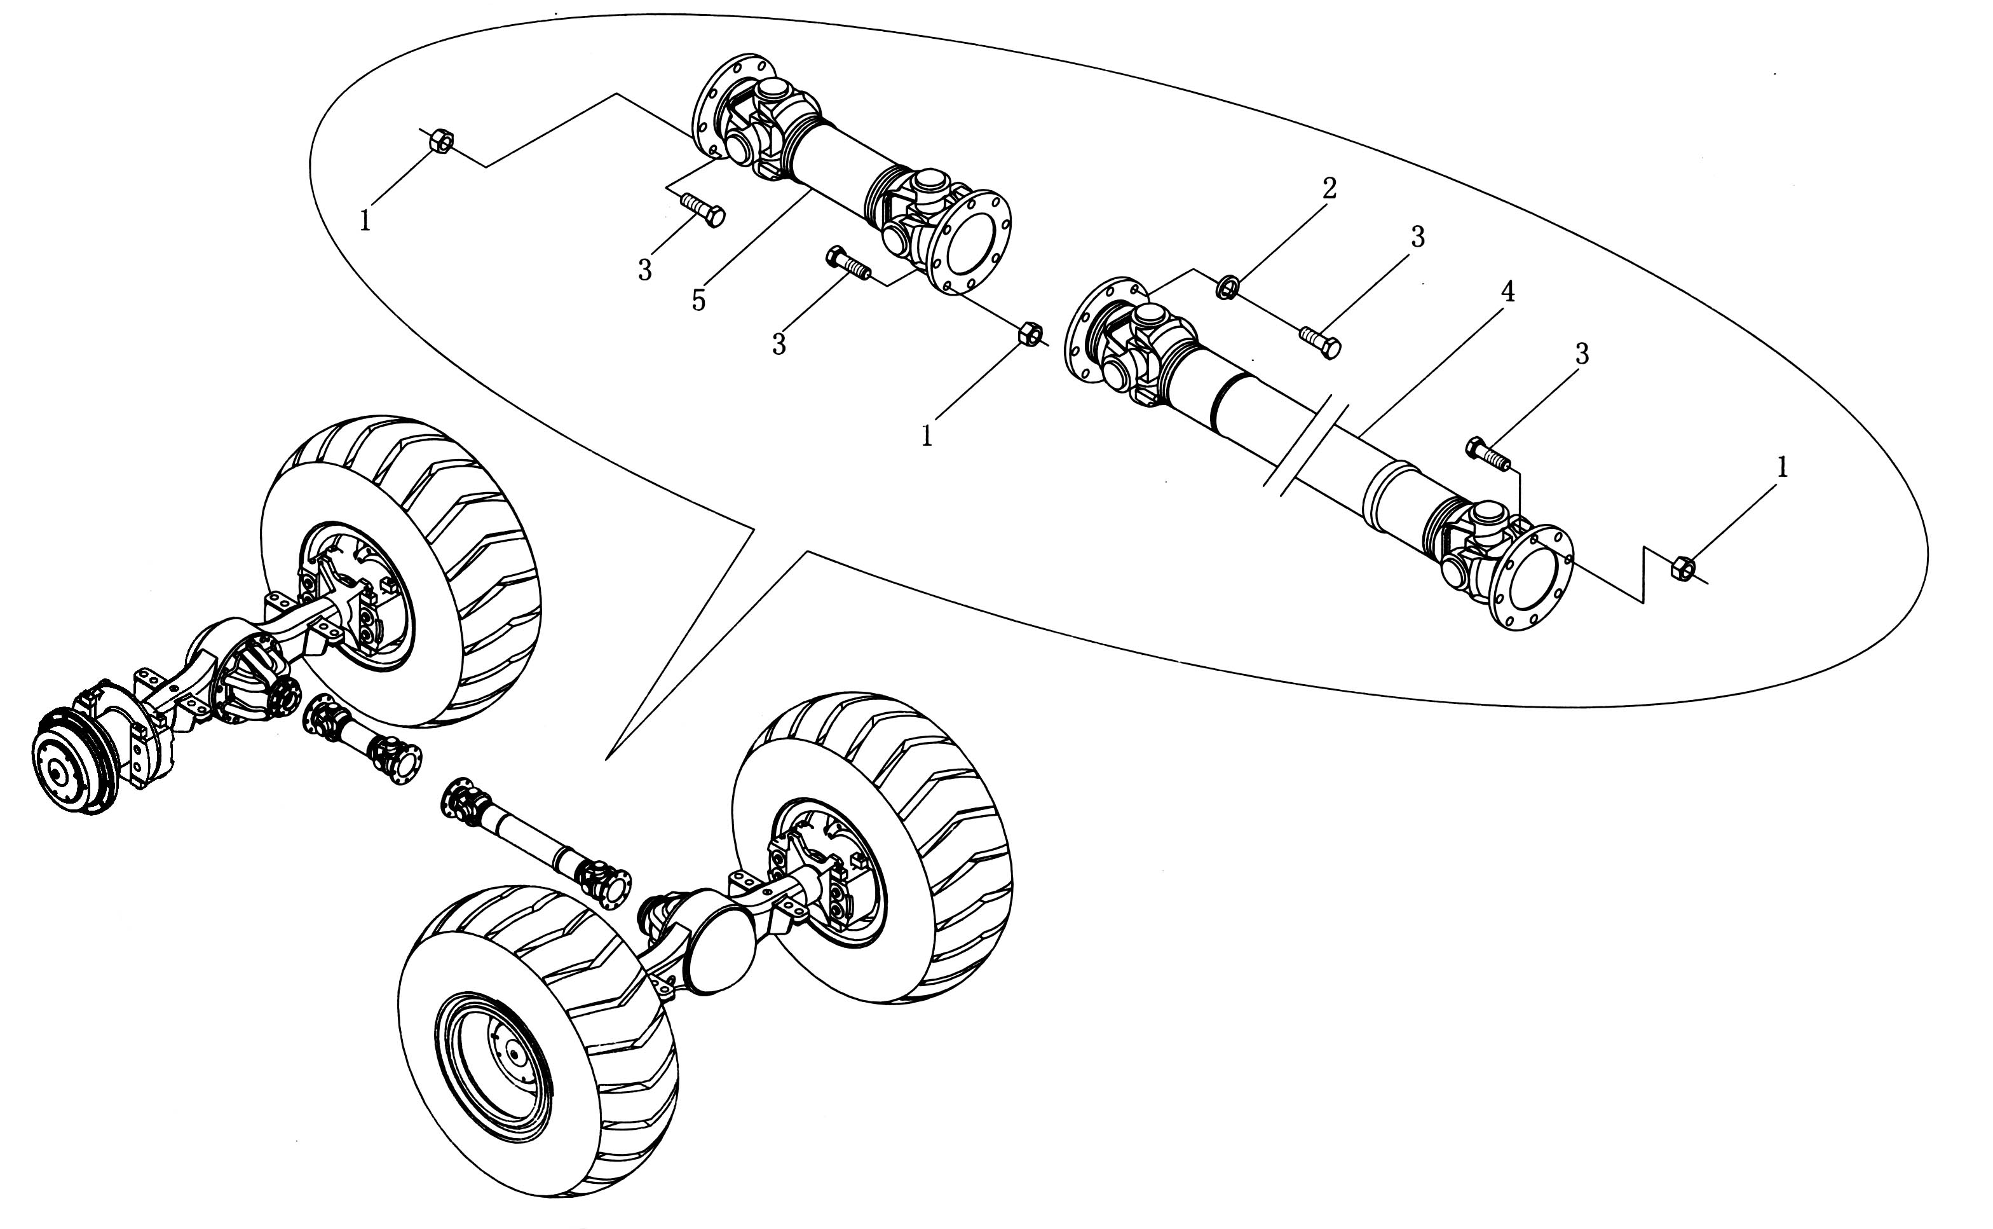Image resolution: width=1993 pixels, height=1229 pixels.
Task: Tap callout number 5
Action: pyautogui.click(x=698, y=301)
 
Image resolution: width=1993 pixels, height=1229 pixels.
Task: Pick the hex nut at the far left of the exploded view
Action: pyautogui.click(x=441, y=141)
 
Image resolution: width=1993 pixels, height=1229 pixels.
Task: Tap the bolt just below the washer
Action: pyautogui.click(x=1320, y=342)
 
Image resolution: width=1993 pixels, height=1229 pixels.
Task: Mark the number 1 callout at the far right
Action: pyautogui.click(x=1783, y=467)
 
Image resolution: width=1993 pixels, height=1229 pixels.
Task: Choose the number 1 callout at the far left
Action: pyautogui.click(x=365, y=220)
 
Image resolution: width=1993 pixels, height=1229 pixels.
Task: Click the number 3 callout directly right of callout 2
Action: pyautogui.click(x=1418, y=237)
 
